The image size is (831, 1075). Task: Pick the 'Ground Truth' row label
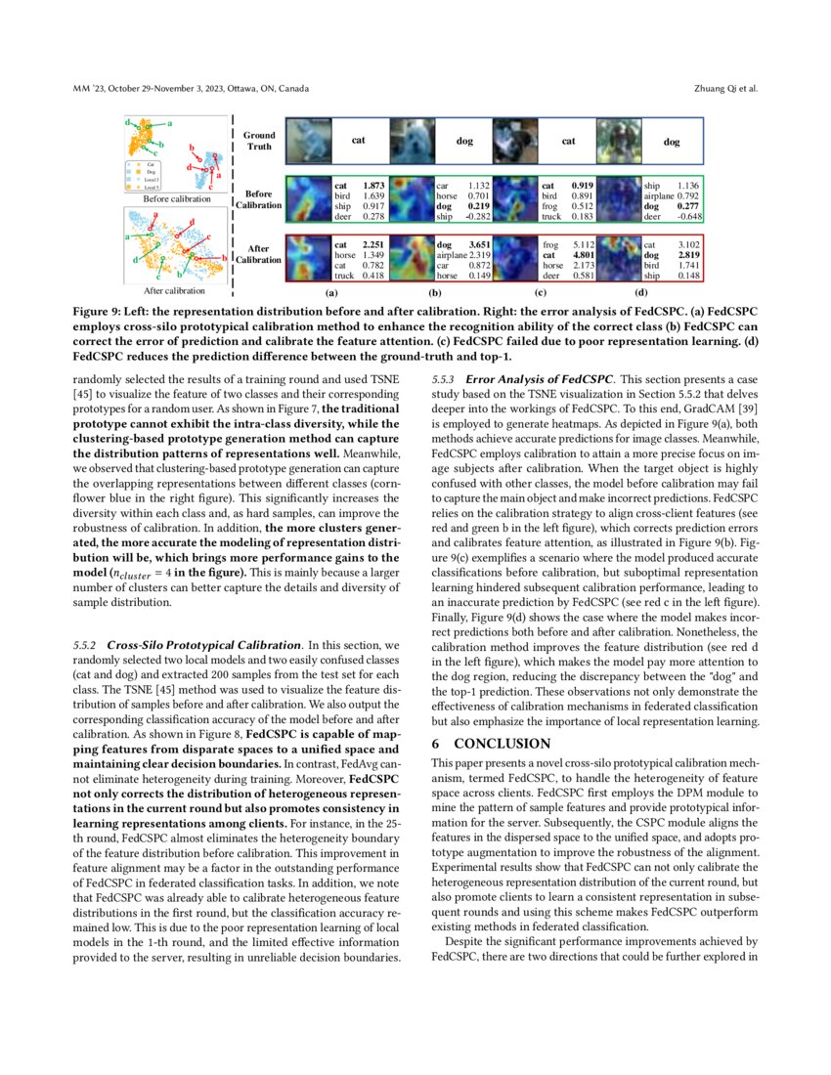[x=259, y=141]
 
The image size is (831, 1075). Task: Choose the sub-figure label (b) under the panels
[x=435, y=291]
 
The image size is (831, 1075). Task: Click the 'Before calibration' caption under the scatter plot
[x=177, y=198]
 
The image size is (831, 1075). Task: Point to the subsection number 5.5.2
[x=86, y=646]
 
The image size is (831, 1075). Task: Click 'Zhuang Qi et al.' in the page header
[x=724, y=89]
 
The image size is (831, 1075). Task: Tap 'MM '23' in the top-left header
[x=89, y=89]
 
